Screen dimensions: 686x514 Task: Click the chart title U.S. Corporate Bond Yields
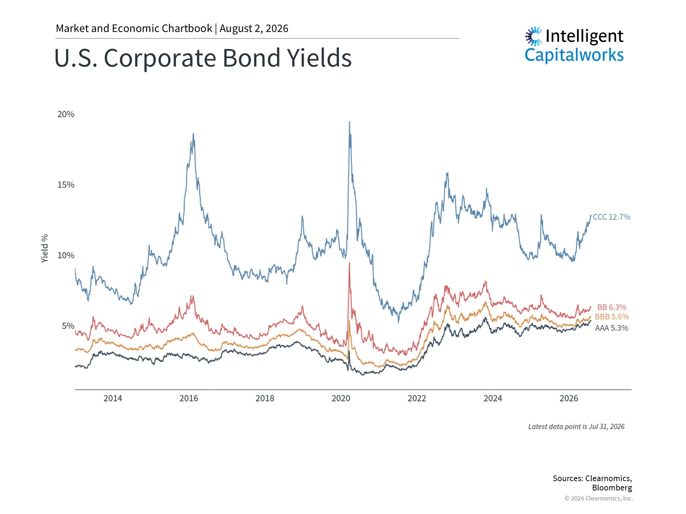203,58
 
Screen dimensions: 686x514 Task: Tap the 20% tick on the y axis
66,114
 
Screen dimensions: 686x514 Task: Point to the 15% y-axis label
66,185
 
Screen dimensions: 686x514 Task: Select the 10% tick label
66,255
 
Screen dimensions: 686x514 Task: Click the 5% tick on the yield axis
68,326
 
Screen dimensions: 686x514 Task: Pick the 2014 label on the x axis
113,398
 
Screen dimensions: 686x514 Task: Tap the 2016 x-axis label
189,398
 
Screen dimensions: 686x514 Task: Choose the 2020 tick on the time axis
341,398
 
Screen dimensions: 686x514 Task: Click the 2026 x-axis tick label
569,398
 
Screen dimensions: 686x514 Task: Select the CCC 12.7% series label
612,217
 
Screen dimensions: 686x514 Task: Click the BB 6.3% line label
612,307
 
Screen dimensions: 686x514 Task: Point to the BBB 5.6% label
612,317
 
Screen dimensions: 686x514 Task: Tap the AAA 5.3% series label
612,328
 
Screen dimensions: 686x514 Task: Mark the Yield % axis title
45,248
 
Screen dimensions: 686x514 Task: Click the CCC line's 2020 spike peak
349,122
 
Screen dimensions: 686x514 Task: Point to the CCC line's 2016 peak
193,134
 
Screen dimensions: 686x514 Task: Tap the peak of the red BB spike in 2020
349,263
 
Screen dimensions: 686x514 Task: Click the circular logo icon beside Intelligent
534,36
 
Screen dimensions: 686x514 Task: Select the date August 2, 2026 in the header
254,29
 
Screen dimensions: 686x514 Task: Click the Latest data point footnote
576,427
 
